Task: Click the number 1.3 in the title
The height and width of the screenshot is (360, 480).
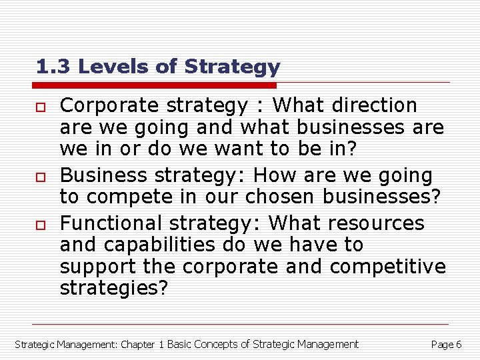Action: pyautogui.click(x=51, y=67)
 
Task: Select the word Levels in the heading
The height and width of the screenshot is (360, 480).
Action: pyautogui.click(x=103, y=67)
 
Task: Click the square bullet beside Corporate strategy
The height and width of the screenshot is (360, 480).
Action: pyautogui.click(x=41, y=106)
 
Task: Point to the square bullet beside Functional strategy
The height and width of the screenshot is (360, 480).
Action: pyautogui.click(x=41, y=223)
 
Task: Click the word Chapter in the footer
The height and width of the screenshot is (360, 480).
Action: pyautogui.click(x=138, y=345)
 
